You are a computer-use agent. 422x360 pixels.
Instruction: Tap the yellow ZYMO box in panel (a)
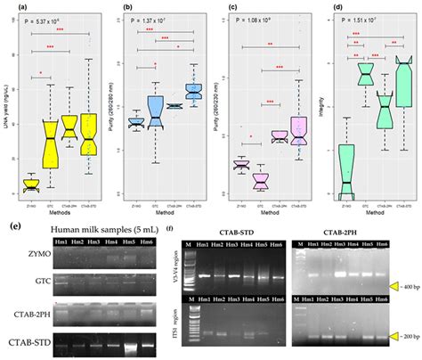31,185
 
